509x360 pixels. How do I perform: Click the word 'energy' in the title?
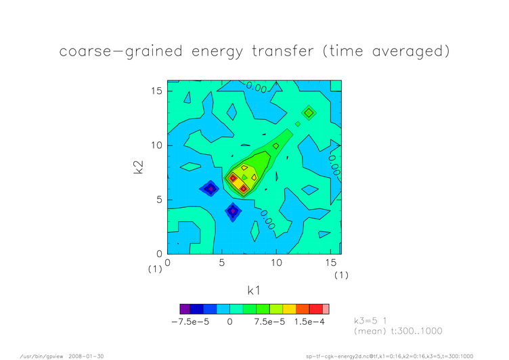[x=217, y=51]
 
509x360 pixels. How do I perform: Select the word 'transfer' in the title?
[x=283, y=51]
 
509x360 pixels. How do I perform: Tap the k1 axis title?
[x=254, y=290]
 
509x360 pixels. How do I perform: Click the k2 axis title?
[x=139, y=167]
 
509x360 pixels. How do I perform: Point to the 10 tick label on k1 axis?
[x=276, y=263]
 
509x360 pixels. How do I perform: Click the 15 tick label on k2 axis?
[x=156, y=91]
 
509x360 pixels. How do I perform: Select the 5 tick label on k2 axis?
[x=159, y=200]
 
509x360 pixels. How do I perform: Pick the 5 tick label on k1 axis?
[x=222, y=263]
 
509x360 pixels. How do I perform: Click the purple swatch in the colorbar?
[x=185, y=309]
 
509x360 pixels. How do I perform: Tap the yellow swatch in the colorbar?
[x=289, y=309]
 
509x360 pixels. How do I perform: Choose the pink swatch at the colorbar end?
[x=326, y=309]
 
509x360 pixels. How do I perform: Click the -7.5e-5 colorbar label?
[x=190, y=322]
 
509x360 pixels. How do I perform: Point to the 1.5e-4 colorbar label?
[x=310, y=322]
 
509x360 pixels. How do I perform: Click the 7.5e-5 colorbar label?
[x=269, y=322]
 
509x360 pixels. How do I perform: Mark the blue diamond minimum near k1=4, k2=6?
[x=211, y=189]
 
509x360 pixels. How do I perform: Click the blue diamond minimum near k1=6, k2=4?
[x=233, y=211]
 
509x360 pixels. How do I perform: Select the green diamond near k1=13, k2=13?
[x=309, y=113]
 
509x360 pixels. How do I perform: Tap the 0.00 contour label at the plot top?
[x=257, y=87]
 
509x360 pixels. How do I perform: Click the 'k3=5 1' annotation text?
[x=370, y=321]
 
